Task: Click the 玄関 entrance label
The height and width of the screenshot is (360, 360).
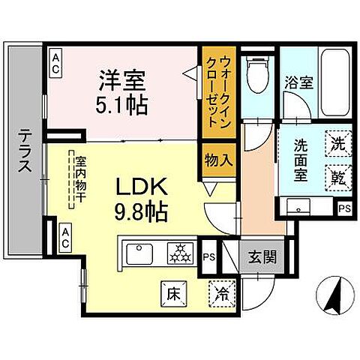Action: (x=262, y=257)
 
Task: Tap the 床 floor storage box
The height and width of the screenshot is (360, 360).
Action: (x=171, y=290)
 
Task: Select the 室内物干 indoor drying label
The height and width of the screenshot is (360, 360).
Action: (x=79, y=180)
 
